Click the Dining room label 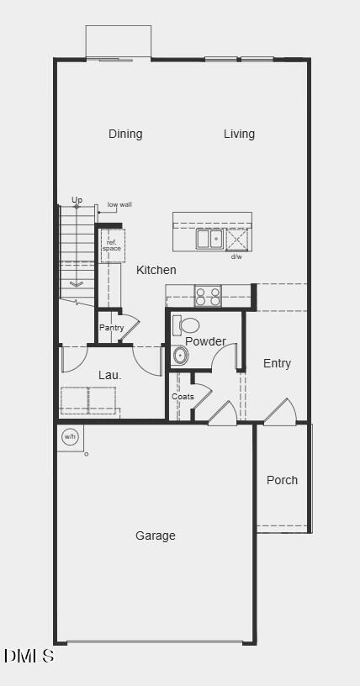pos(125,134)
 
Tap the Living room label pos(239,134)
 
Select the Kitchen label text pos(156,270)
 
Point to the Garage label pos(156,536)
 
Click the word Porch pos(282,480)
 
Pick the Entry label pos(277,363)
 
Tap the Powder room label pos(205,341)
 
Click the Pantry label pos(111,328)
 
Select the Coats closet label pos(183,396)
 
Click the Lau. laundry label pos(110,375)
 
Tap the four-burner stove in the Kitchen pos(208,296)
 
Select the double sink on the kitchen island pos(209,239)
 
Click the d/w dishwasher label pos(236,256)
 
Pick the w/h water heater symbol pos(70,437)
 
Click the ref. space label pos(112,245)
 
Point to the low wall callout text pos(119,204)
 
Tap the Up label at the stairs pos(77,200)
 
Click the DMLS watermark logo pos(29,656)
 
